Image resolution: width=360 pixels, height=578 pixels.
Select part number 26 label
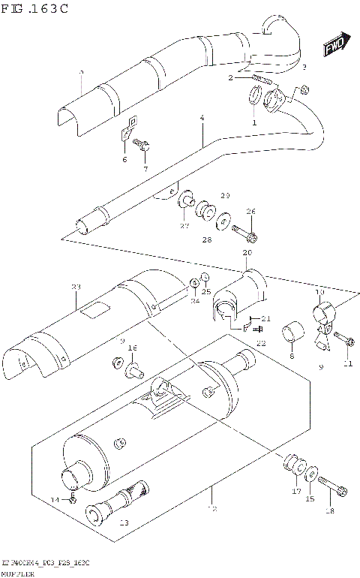(251, 212)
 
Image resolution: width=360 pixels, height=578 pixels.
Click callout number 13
(124, 523)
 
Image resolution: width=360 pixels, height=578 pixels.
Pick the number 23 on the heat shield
(75, 287)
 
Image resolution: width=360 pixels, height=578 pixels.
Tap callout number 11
(347, 364)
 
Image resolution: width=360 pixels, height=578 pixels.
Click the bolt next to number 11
(346, 341)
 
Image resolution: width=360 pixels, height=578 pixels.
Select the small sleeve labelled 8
(292, 331)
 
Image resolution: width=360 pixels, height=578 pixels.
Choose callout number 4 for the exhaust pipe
(202, 119)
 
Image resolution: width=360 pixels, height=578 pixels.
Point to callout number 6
(124, 159)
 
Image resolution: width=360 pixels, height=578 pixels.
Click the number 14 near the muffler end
(54, 500)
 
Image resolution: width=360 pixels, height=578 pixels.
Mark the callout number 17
(296, 492)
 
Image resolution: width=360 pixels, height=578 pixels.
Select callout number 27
(184, 226)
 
